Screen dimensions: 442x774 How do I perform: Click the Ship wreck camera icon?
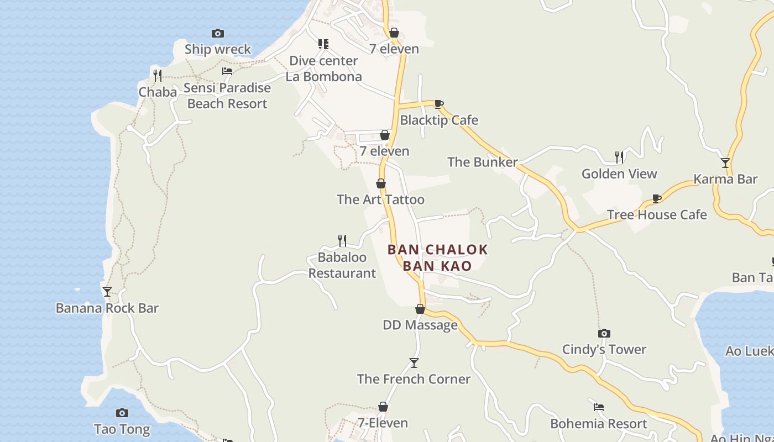tap(218, 34)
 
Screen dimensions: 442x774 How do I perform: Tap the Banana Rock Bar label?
tap(107, 308)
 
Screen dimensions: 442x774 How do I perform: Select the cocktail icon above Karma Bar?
tap(725, 163)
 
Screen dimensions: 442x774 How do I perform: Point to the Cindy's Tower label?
tap(604, 349)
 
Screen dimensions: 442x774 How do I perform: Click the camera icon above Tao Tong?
tap(122, 413)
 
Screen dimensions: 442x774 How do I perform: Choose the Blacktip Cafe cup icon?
tap(438, 104)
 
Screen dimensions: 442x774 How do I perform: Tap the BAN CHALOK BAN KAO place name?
tap(437, 257)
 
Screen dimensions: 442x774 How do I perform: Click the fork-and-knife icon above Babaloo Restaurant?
tap(342, 240)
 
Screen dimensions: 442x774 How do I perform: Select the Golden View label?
tap(619, 173)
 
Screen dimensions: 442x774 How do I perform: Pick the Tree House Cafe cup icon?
tap(656, 198)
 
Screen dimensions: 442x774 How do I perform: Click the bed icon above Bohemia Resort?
tap(598, 407)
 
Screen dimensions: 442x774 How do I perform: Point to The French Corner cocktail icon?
tap(414, 363)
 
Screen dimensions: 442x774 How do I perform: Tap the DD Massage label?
tap(420, 325)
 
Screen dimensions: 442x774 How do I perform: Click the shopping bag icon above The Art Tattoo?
tap(381, 183)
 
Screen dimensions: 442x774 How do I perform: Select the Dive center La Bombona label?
tap(324, 69)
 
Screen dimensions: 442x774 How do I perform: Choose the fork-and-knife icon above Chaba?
tap(158, 75)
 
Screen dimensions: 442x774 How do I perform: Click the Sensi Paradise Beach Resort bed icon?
tap(227, 71)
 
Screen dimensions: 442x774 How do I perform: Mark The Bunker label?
tap(482, 162)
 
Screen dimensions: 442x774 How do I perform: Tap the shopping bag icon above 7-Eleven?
tap(383, 407)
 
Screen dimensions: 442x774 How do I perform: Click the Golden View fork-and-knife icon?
tap(619, 157)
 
